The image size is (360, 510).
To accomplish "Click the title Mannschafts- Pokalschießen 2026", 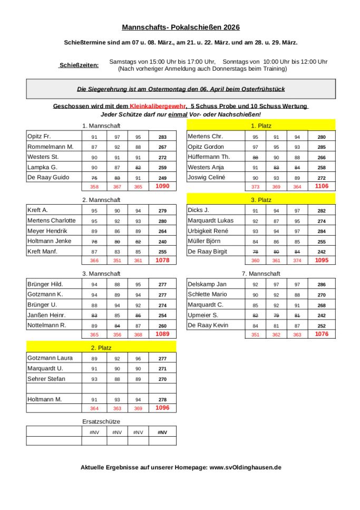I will click(181, 27).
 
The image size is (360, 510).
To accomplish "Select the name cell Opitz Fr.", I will click(39, 137).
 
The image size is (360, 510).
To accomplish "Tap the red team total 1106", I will click(321, 186).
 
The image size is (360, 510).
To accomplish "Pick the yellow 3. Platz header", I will click(261, 200).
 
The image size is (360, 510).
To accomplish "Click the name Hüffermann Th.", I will click(209, 157).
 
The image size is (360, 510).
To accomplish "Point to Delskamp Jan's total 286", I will click(322, 285).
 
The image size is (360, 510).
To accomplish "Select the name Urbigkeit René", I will click(208, 231).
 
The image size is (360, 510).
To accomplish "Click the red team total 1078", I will click(162, 261).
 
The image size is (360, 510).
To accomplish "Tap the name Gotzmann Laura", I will click(50, 358).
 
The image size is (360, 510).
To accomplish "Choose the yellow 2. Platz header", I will click(101, 348).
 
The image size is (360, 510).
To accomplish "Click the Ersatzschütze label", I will click(101, 422).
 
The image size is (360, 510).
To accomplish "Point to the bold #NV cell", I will click(162, 432).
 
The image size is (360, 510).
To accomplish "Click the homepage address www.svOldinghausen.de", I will click(245, 467).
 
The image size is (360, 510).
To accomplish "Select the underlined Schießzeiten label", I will click(79, 65).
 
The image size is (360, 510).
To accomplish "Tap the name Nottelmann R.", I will click(46, 325).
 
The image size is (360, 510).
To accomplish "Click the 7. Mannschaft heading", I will click(261, 274).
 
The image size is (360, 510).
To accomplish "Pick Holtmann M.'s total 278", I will click(162, 400).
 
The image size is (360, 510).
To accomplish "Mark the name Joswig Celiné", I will click(206, 178).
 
